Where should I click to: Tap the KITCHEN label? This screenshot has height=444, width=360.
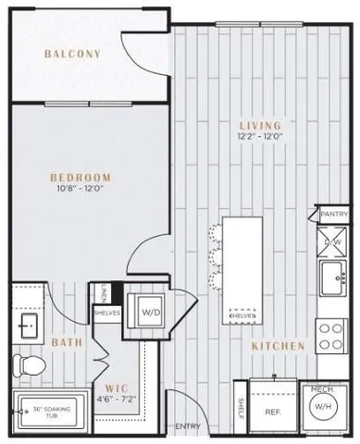(x=278, y=346)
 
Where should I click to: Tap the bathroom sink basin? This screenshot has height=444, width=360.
(x=27, y=327)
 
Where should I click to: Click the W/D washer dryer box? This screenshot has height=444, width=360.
(x=150, y=312)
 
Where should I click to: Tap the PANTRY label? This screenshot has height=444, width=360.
(x=333, y=214)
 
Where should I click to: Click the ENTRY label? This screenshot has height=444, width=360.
(x=187, y=425)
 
